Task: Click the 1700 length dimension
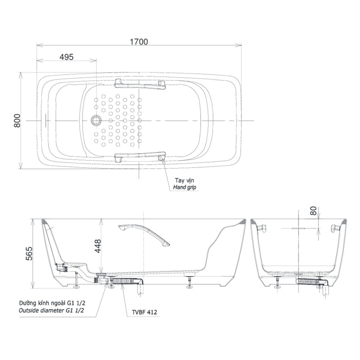tap(139, 42)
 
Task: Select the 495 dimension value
tap(66, 57)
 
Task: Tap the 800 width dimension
tap(17, 121)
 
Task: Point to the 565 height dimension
tap(29, 253)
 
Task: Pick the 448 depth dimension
tap(98, 246)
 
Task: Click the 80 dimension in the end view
tap(313, 211)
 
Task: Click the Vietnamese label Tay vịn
tap(184, 180)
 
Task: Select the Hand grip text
tap(185, 187)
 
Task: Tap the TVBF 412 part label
tap(144, 312)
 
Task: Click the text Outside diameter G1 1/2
tap(51, 310)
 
